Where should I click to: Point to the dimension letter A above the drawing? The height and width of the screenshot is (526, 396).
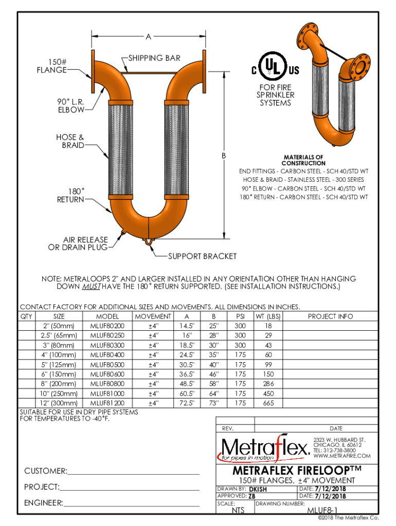coord(148,37)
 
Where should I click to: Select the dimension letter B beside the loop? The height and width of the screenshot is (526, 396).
coord(224,155)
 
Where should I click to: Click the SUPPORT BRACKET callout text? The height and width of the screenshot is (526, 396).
coord(203,256)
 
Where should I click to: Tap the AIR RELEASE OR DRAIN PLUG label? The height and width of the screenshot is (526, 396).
coord(78,243)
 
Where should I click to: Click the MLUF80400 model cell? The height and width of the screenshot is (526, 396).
coord(107,354)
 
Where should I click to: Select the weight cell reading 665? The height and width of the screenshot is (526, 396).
coord(268,403)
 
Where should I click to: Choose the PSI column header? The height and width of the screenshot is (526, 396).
coord(240,316)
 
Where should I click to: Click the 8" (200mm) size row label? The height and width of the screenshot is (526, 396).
coord(59,384)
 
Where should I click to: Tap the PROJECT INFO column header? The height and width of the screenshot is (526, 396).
coord(331,316)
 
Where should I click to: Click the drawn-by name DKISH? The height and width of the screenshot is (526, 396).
coord(258,488)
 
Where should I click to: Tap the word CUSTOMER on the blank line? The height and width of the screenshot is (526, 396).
coord(45,471)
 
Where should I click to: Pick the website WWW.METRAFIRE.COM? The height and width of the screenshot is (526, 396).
coord(341,456)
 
